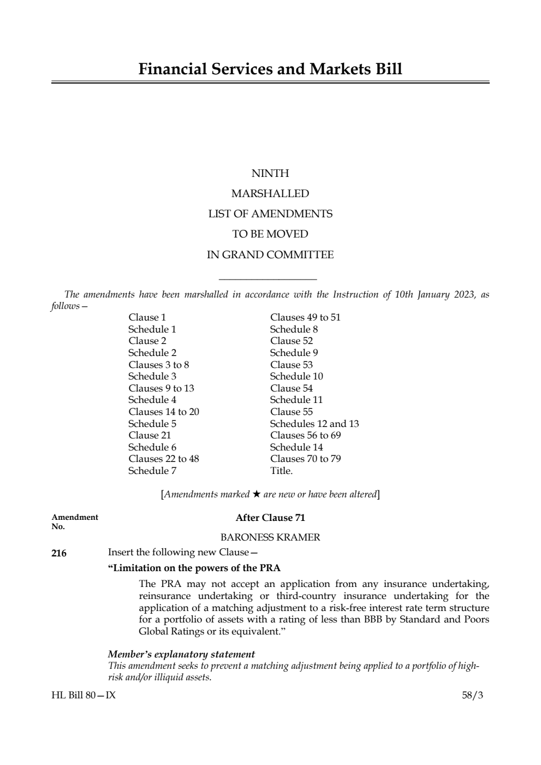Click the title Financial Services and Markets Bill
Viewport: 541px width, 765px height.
pyautogui.click(x=270, y=69)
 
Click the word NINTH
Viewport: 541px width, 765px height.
pyautogui.click(x=270, y=174)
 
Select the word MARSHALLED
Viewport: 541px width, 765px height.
pyautogui.click(x=270, y=194)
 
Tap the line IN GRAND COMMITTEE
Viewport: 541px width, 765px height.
pyautogui.click(x=270, y=255)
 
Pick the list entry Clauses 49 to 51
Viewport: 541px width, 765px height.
pyautogui.click(x=305, y=317)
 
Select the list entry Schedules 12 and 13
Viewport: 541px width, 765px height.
pyautogui.click(x=314, y=424)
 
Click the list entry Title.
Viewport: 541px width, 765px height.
pyautogui.click(x=281, y=471)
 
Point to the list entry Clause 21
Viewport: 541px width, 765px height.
pyautogui.click(x=150, y=435)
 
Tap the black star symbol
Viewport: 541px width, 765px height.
pyautogui.click(x=257, y=494)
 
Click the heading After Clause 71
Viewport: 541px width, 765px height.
pyautogui.click(x=270, y=518)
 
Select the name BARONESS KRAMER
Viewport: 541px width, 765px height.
pyautogui.click(x=270, y=537)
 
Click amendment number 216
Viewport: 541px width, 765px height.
pyautogui.click(x=59, y=554)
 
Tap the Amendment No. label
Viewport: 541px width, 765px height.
pyautogui.click(x=75, y=521)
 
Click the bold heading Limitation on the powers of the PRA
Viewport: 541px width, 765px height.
pyautogui.click(x=194, y=568)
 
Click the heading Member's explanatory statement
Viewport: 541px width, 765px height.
pyautogui.click(x=181, y=654)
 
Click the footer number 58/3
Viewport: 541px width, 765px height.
pyautogui.click(x=472, y=696)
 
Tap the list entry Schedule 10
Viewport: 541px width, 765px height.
pyautogui.click(x=296, y=376)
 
